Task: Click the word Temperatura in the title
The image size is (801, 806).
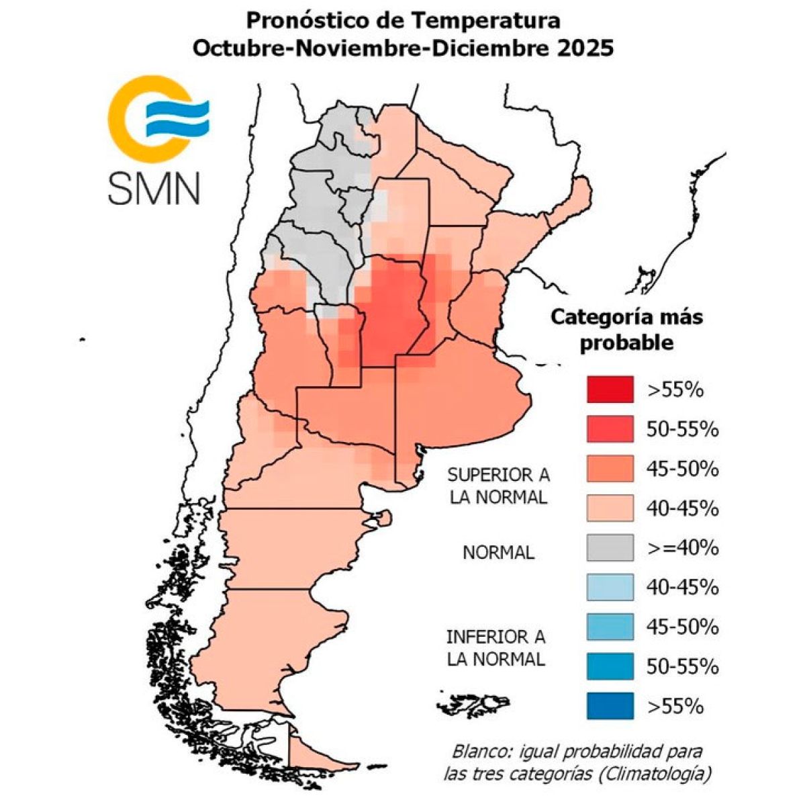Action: (x=485, y=20)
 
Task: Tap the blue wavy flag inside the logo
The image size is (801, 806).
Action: (x=177, y=118)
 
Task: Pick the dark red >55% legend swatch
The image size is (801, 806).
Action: (x=610, y=390)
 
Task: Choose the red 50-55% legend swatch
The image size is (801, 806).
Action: (x=610, y=429)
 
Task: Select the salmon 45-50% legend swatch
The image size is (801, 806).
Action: (x=610, y=469)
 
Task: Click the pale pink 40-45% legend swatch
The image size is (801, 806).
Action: (x=610, y=508)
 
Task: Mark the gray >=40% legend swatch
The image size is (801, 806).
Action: (x=610, y=548)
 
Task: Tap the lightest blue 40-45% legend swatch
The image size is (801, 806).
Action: (x=610, y=588)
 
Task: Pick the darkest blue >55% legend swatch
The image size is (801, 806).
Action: (x=610, y=707)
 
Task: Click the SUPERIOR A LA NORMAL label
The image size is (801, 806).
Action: (x=498, y=486)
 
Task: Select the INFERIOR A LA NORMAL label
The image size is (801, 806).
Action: (x=496, y=647)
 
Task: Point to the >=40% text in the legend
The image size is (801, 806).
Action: (x=682, y=548)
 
